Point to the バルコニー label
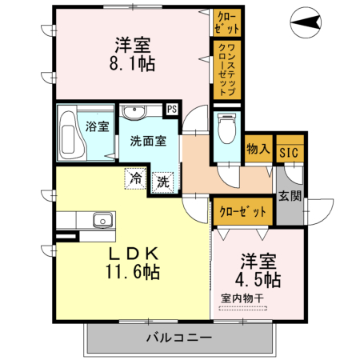[x=178, y=338]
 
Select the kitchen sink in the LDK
[x=101, y=220]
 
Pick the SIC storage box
[x=287, y=149]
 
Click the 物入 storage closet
[x=258, y=149]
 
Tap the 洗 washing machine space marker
[x=162, y=181]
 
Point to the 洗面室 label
[x=148, y=141]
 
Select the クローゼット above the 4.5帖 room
[x=243, y=211]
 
